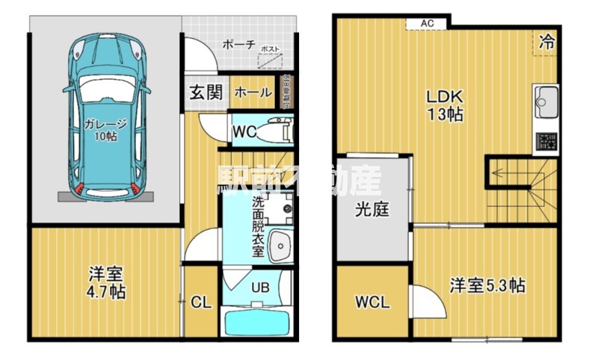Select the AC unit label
click(427, 23)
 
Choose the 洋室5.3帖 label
click(487, 285)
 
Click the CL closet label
click(200, 302)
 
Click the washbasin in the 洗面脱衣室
click(280, 243)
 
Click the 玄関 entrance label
click(204, 93)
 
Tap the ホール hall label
click(253, 93)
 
